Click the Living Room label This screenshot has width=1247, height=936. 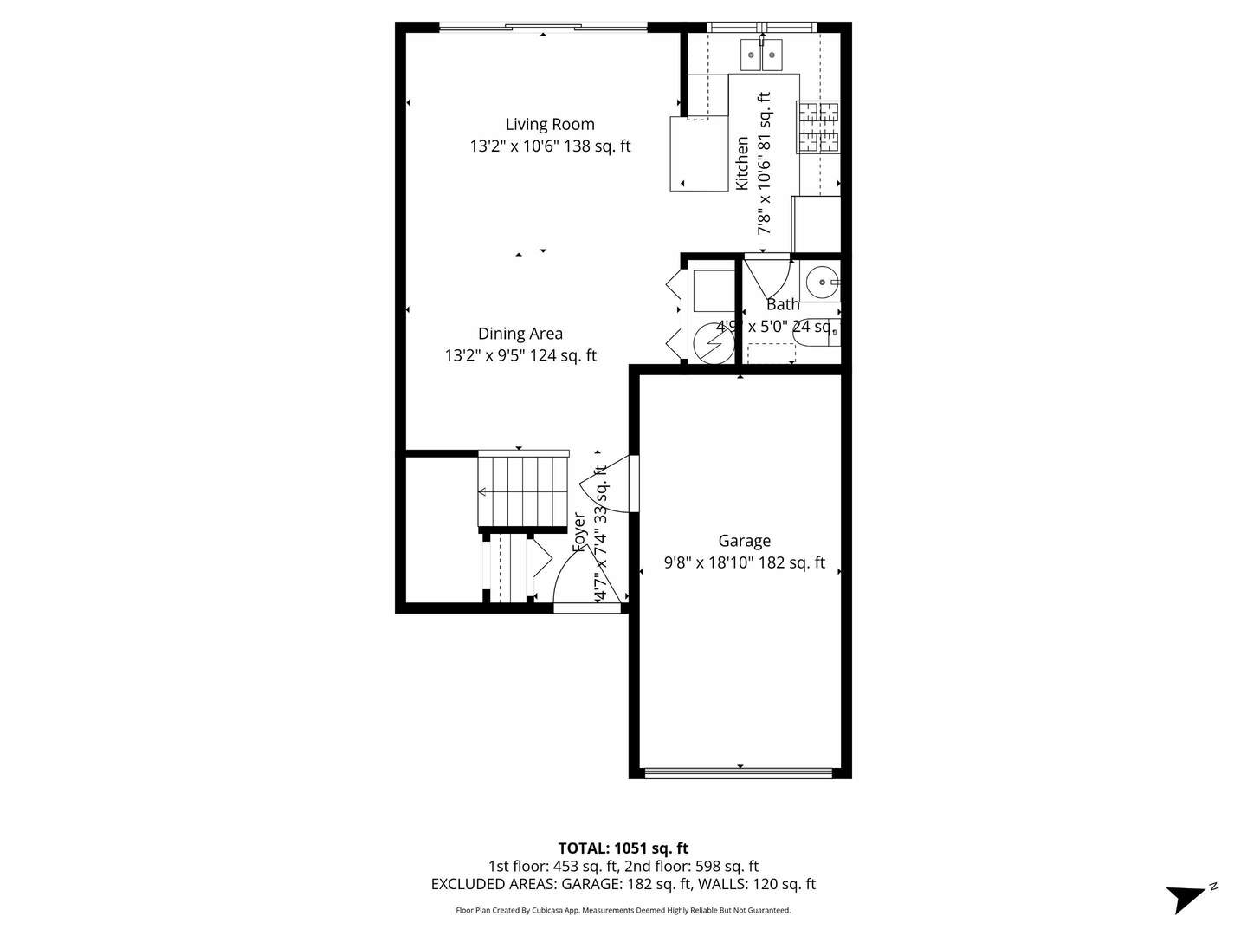click(550, 124)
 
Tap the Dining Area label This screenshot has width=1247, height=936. click(520, 334)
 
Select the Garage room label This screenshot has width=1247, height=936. click(744, 541)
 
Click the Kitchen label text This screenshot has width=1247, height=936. click(742, 163)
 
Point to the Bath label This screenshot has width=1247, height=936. click(783, 304)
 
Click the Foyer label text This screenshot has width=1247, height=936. click(579, 532)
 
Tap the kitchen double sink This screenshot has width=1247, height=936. click(761, 55)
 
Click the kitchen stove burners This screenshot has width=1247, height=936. click(818, 127)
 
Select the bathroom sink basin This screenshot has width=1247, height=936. click(818, 282)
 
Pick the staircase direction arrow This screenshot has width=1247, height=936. click(482, 492)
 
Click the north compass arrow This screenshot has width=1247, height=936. click(1188, 896)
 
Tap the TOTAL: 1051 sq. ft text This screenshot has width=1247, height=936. click(623, 848)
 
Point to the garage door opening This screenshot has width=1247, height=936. click(740, 771)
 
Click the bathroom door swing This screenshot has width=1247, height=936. click(769, 276)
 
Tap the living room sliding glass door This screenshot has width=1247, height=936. click(543, 28)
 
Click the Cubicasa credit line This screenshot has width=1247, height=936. click(623, 910)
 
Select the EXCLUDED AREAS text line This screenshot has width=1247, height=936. click(623, 884)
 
